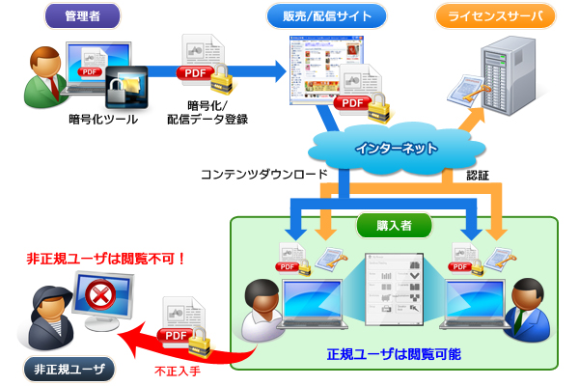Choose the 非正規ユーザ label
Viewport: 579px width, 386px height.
point(69,368)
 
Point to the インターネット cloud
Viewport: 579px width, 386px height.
point(397,150)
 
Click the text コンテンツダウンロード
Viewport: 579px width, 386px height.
point(263,176)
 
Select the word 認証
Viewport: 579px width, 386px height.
point(478,176)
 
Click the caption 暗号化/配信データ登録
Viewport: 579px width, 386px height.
point(207,112)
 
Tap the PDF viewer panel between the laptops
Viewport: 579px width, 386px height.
point(396,289)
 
